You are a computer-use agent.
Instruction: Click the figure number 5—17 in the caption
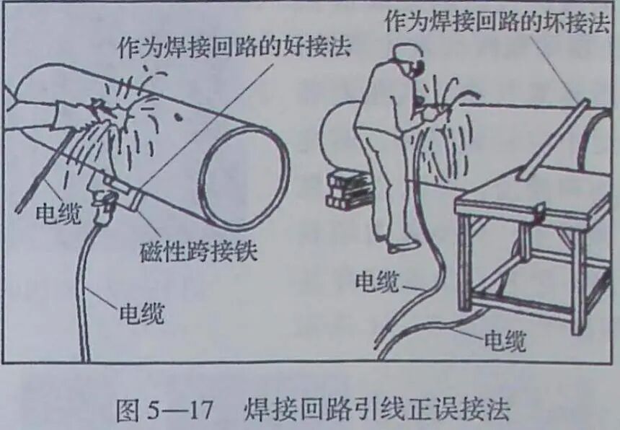coord(185,409)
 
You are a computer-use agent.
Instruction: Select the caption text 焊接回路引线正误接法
coord(376,409)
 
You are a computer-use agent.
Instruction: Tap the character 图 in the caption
coord(130,409)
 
